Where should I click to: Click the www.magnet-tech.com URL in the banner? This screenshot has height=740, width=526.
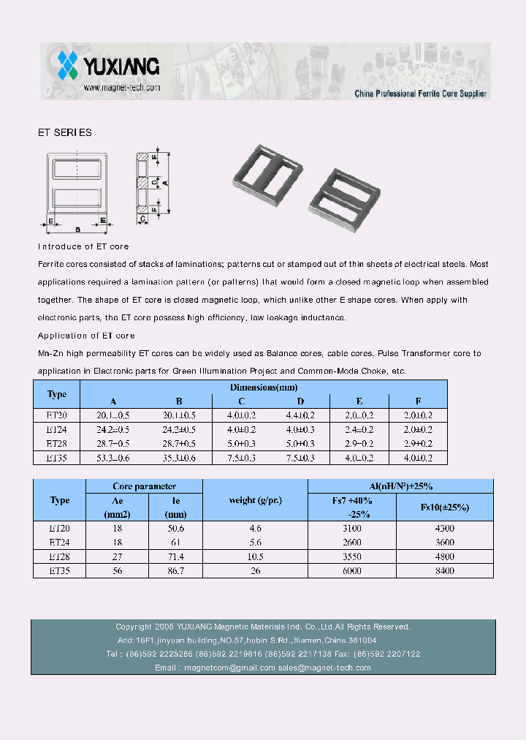point(121,88)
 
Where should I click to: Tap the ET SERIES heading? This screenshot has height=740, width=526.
point(65,133)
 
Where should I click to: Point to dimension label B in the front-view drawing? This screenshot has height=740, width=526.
point(77,229)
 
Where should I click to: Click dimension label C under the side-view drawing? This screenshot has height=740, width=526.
point(142,218)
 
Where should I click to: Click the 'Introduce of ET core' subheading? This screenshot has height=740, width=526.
point(83,247)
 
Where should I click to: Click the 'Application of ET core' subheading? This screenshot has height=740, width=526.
point(86,336)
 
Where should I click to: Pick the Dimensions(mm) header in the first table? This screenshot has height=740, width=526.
point(263,388)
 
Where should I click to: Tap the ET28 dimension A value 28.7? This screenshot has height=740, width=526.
point(113,444)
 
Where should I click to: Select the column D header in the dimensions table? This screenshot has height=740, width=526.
point(300,401)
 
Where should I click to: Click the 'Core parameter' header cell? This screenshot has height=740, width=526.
point(144,486)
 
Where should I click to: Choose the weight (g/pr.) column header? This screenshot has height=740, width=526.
point(255,500)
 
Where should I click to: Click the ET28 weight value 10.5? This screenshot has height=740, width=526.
point(255,556)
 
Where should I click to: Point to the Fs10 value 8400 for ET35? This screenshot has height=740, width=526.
point(444,570)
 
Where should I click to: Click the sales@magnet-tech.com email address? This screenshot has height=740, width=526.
point(324,668)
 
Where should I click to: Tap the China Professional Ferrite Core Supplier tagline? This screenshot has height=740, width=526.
point(420,94)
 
